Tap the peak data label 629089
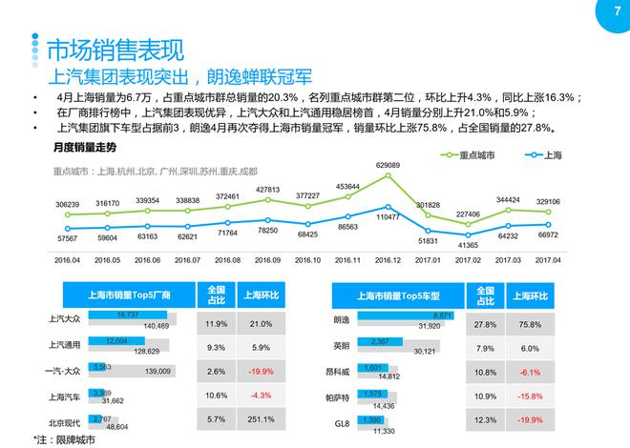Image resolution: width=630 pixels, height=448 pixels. [x=388, y=165]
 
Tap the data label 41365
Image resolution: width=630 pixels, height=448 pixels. [x=469, y=246]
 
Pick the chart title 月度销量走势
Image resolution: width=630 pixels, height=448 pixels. [x=85, y=148]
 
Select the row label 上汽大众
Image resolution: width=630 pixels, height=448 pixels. [x=66, y=320]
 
